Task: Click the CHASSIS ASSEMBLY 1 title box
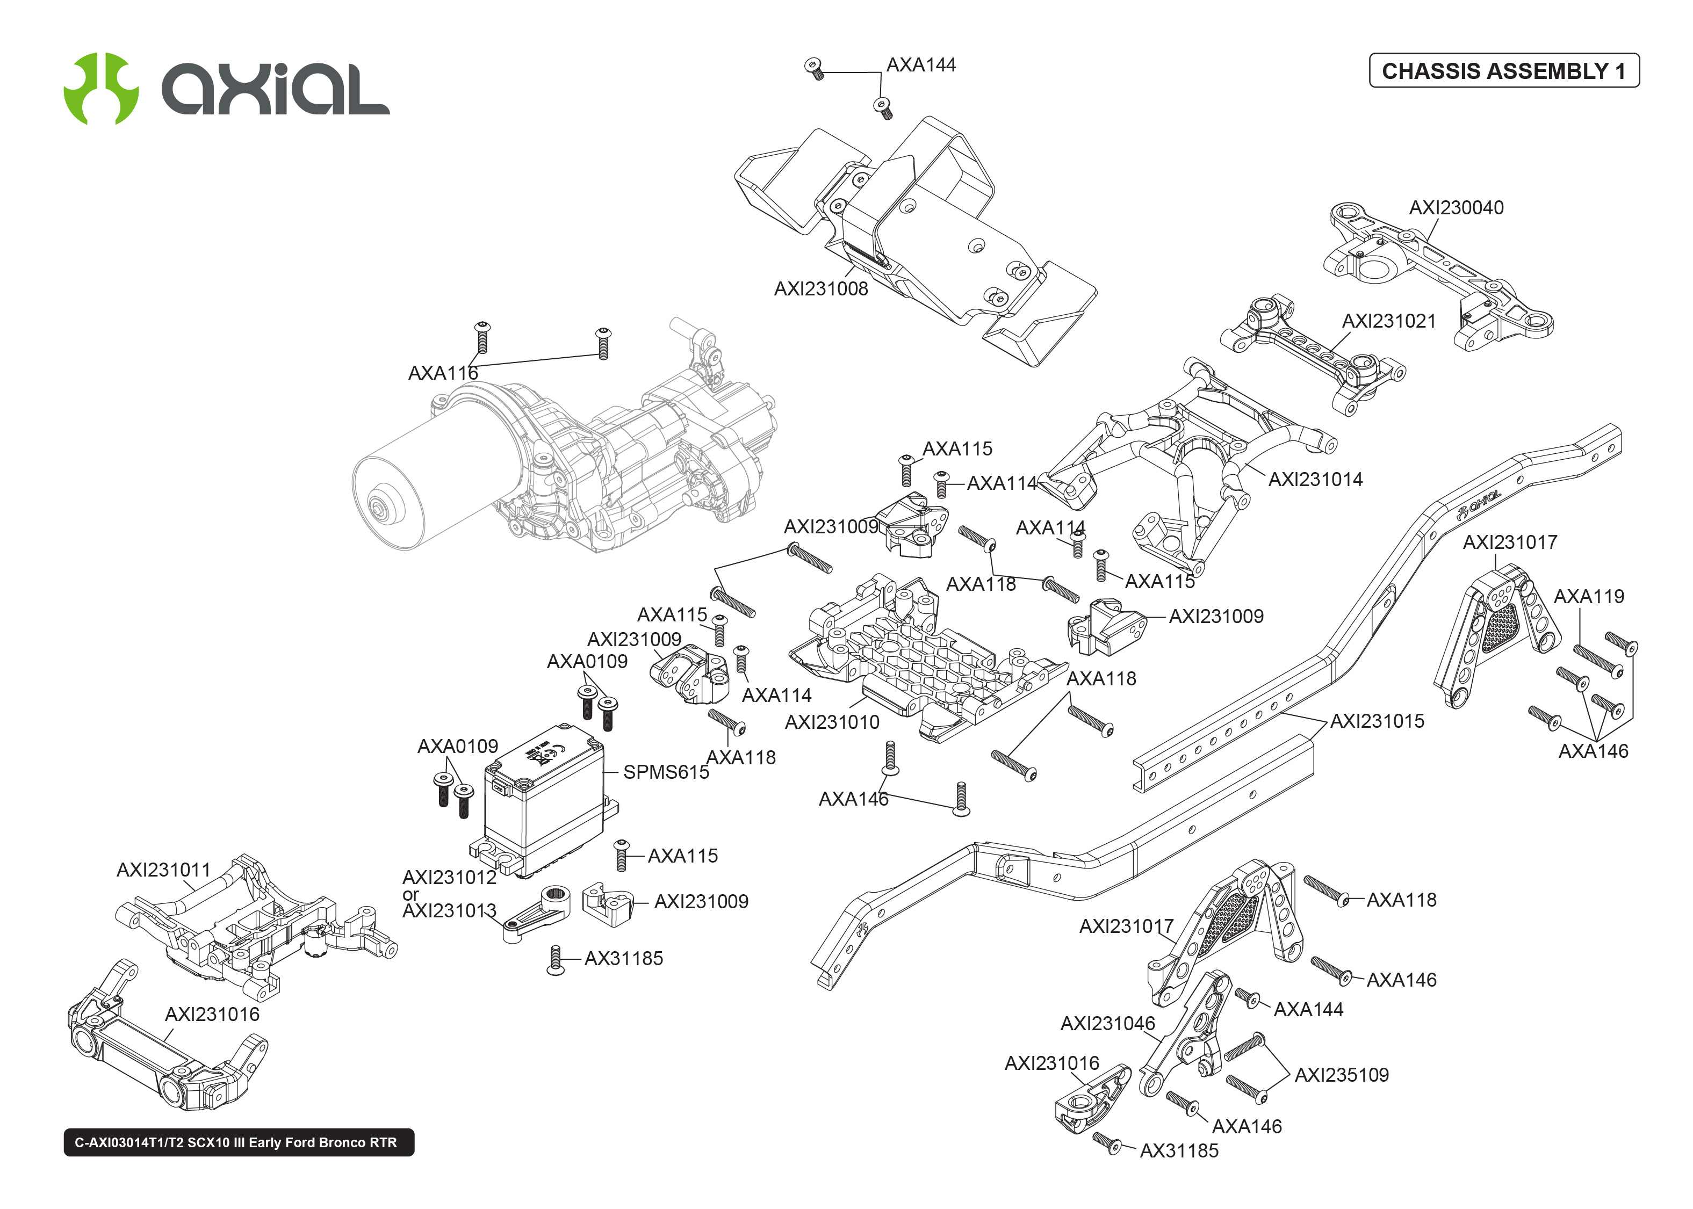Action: pyautogui.click(x=1503, y=71)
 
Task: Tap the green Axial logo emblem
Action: pyautogui.click(x=100, y=88)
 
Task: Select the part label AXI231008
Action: pyautogui.click(x=820, y=289)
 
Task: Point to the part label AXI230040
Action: pyautogui.click(x=1456, y=208)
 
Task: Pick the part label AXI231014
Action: pyautogui.click(x=1315, y=480)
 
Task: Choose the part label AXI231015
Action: pyautogui.click(x=1377, y=721)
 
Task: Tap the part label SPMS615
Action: pyautogui.click(x=666, y=772)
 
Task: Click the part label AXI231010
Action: pyautogui.click(x=832, y=722)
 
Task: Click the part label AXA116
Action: pyautogui.click(x=442, y=373)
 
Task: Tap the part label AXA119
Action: pyautogui.click(x=1588, y=596)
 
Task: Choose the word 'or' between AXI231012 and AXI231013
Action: pyautogui.click(x=410, y=894)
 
